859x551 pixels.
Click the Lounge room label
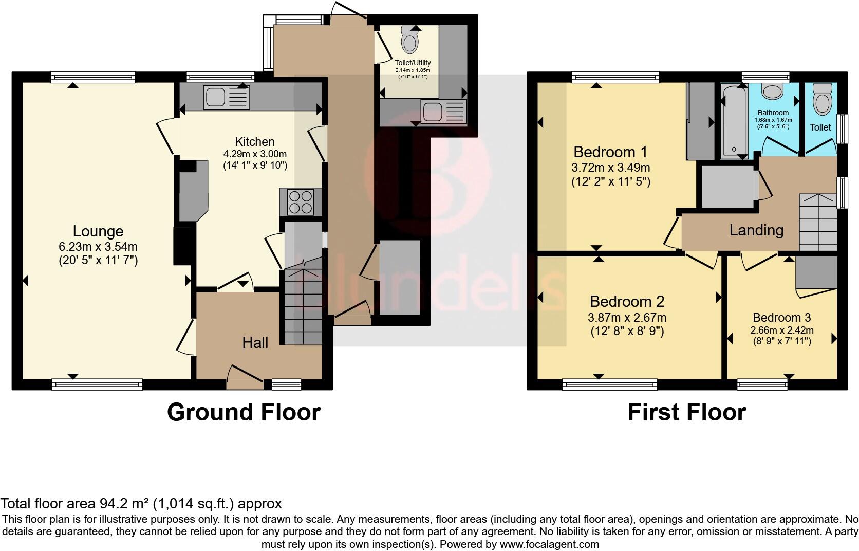[98, 231]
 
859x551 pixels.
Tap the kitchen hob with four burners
[301, 201]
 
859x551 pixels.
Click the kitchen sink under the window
[227, 98]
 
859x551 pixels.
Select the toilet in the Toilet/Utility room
[409, 41]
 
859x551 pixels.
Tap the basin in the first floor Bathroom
[772, 91]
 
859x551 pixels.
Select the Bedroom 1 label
[610, 152]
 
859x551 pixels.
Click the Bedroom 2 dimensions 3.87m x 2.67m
[627, 318]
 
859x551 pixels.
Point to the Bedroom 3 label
[781, 318]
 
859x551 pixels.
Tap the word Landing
[756, 230]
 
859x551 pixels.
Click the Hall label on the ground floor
[255, 342]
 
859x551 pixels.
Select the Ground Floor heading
[244, 412]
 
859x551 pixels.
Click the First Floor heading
[686, 412]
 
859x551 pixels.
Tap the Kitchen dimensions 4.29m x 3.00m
[255, 154]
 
